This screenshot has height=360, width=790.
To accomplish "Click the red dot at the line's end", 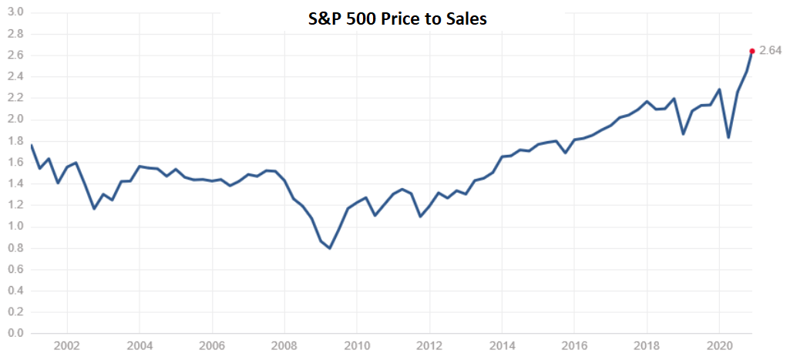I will [752, 51].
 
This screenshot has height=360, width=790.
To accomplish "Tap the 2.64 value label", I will [770, 51].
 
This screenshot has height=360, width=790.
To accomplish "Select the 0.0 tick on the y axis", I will [15, 334].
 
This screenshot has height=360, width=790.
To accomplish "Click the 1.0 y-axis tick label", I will [15, 227].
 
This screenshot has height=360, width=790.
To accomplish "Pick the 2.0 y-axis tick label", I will [15, 119].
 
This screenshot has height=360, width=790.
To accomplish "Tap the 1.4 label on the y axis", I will [15, 183].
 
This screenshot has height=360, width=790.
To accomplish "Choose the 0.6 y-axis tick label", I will [15, 270].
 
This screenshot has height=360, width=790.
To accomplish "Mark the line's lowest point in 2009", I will [330, 248].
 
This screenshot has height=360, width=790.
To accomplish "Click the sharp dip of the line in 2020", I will [728, 137].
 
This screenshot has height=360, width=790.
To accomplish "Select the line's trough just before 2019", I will [683, 133].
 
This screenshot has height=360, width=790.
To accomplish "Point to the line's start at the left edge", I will [31, 144].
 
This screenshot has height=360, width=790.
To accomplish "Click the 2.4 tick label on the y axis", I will [15, 77].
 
